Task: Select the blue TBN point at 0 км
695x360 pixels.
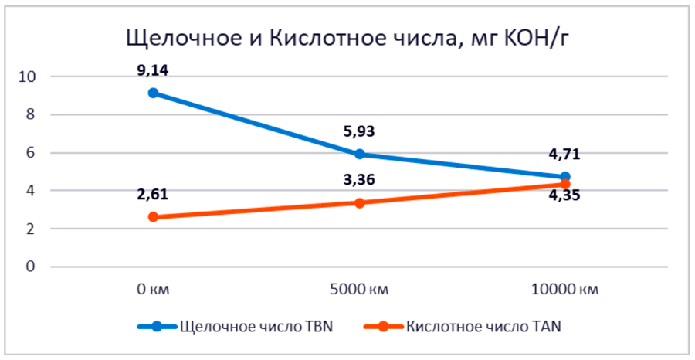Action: click(x=153, y=93)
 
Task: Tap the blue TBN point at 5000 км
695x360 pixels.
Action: click(x=359, y=154)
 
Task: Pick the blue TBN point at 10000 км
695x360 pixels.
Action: click(x=564, y=177)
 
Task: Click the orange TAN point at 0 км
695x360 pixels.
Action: click(x=153, y=217)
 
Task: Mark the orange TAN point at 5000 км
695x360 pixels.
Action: click(x=359, y=202)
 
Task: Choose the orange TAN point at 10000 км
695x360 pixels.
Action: click(x=564, y=184)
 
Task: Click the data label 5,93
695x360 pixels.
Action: click(x=359, y=131)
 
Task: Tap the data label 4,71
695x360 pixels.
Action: click(x=564, y=155)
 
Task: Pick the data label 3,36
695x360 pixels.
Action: click(x=359, y=181)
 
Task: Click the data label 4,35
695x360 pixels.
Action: click(x=564, y=195)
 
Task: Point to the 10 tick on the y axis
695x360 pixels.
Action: click(x=29, y=76)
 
